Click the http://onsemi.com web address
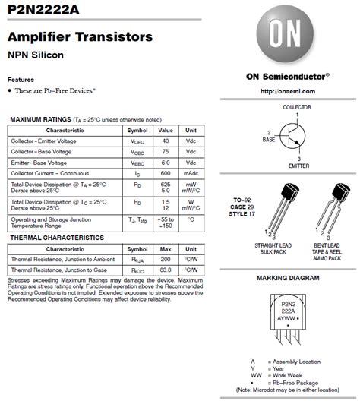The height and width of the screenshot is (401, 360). [x=287, y=90]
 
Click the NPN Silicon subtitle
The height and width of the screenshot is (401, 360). [x=36, y=55]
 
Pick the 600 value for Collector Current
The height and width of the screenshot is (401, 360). [x=165, y=173]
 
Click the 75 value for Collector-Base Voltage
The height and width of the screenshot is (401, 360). [x=165, y=152]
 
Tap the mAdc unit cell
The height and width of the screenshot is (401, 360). [x=191, y=173]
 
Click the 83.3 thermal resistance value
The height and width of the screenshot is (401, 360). [x=165, y=270]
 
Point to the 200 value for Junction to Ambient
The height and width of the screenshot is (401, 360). [x=165, y=259]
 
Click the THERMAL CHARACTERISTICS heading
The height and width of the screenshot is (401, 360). [x=56, y=238]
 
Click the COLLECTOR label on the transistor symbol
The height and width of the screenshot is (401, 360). [x=297, y=108]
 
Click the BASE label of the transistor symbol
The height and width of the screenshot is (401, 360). [x=268, y=140]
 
